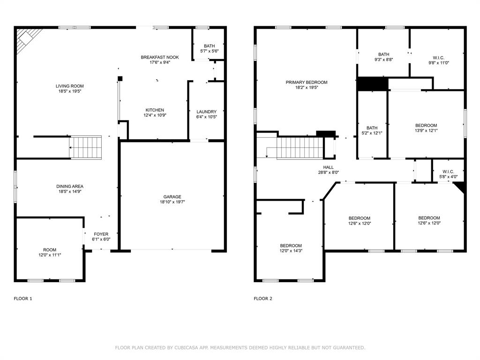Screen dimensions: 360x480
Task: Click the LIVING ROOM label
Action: (x=69, y=86)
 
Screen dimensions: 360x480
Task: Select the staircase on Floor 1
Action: (x=86, y=147)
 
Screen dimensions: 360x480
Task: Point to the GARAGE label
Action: (x=172, y=197)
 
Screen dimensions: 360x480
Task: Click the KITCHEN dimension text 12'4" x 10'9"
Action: (x=154, y=115)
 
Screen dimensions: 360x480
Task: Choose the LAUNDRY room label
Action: (x=206, y=112)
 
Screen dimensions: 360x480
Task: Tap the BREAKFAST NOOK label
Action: (x=160, y=57)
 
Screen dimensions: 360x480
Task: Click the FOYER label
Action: (x=101, y=234)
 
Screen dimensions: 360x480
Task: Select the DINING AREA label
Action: (x=70, y=187)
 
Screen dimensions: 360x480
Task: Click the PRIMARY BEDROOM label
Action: (x=307, y=82)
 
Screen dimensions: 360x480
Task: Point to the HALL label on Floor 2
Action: (x=328, y=167)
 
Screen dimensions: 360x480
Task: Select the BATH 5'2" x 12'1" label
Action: (x=372, y=128)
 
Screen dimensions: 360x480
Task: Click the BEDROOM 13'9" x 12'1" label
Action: (x=426, y=125)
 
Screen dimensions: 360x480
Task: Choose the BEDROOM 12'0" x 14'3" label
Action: (x=291, y=246)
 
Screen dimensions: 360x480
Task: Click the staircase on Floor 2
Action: (x=300, y=148)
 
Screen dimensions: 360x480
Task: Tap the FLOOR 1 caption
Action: (x=23, y=299)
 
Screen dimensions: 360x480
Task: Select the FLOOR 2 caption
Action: (x=263, y=299)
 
